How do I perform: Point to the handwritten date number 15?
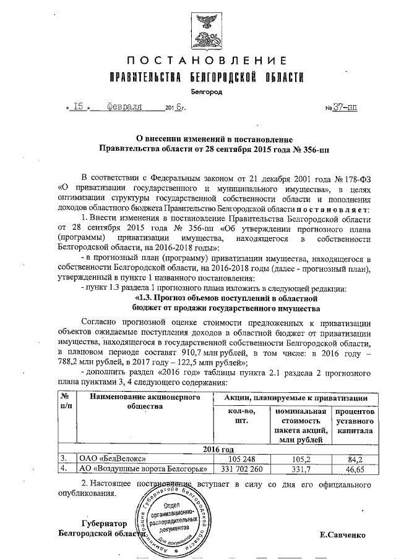(x=78, y=106)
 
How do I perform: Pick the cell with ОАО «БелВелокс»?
(x=113, y=459)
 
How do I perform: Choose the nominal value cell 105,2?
(x=301, y=459)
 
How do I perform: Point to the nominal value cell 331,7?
(x=301, y=469)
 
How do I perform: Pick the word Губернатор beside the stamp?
(x=102, y=523)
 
